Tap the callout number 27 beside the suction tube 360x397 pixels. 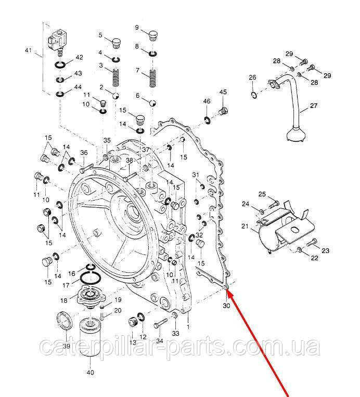tap(314, 107)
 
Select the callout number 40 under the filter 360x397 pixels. tap(90, 373)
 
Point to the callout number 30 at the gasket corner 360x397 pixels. tap(226, 306)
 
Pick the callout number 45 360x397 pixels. tap(223, 92)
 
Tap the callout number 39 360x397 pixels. tap(67, 346)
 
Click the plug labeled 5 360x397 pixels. tap(116, 41)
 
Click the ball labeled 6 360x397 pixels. tap(152, 102)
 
